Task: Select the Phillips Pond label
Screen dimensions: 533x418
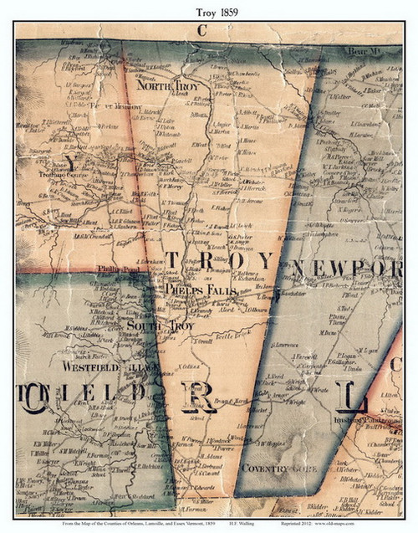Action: point(114,269)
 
